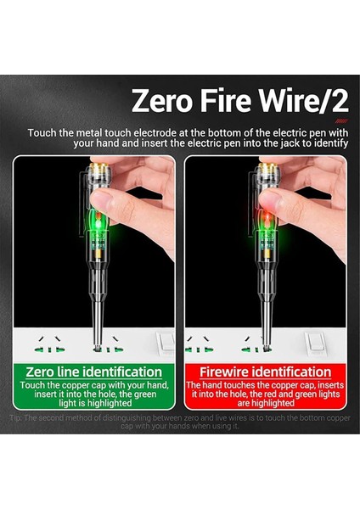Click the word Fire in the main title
(229, 102)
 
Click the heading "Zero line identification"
(94, 372)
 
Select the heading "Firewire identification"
(265, 372)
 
